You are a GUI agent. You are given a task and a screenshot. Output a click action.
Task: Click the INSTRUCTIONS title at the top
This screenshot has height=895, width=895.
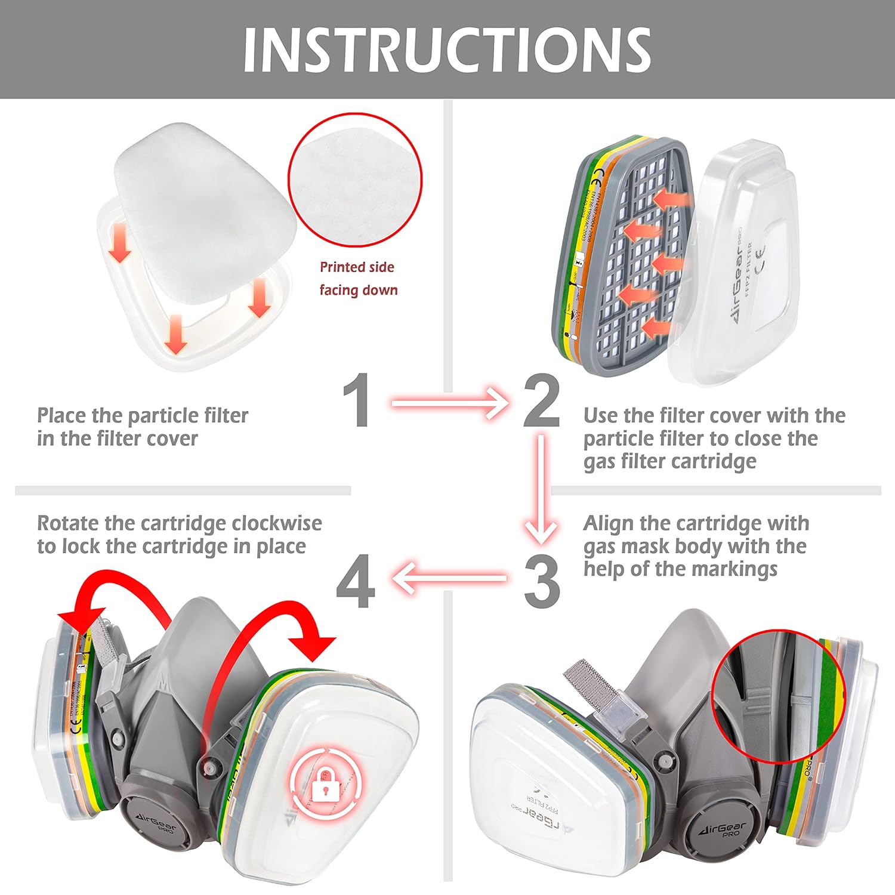[447, 50]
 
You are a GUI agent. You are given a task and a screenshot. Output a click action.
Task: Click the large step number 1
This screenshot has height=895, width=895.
[357, 400]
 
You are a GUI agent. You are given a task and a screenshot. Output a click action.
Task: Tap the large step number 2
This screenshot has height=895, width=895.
[541, 400]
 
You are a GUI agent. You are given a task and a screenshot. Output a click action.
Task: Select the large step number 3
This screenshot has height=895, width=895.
[542, 580]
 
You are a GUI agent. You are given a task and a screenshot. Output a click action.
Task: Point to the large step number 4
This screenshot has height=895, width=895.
[356, 581]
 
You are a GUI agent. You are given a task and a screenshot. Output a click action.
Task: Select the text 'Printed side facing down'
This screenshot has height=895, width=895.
[357, 279]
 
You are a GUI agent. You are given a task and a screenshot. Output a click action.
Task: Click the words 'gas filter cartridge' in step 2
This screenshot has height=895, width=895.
[669, 461]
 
